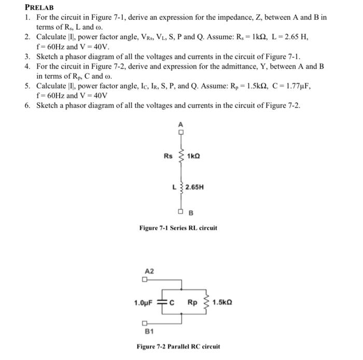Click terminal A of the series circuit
click(181, 131)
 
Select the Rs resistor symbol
click(181, 156)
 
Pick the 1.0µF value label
click(143, 302)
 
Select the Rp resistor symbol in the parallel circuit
click(205, 302)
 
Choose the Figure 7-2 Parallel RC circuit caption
click(178, 346)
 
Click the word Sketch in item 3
click(47, 57)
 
